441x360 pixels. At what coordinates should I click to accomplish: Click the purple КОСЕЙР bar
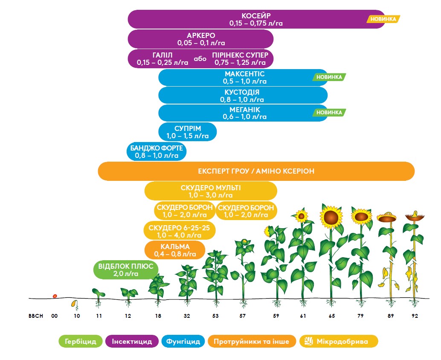pos(256,20)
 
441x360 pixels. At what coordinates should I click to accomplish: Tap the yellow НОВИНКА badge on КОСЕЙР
pos(383,19)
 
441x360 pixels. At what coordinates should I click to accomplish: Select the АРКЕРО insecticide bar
pos(200,39)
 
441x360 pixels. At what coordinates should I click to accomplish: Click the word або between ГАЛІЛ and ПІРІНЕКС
pos(200,58)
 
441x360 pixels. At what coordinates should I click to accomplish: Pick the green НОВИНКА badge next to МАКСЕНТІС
pos(329,77)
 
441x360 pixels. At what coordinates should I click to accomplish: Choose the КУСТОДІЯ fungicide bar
pos(242,96)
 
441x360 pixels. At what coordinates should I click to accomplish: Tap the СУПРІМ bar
pos(187,132)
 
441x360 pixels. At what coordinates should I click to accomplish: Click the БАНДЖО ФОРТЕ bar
pos(156,152)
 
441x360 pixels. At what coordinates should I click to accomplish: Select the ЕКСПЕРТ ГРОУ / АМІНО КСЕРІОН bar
pos(256,171)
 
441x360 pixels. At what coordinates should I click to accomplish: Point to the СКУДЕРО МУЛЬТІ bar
pos(211,191)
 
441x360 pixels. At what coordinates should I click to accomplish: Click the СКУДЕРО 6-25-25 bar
pos(180,231)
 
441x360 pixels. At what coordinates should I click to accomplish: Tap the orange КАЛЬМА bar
pos(175,250)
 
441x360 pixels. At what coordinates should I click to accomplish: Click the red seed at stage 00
pos(55,296)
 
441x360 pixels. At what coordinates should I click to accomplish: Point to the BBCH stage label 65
pos(331,316)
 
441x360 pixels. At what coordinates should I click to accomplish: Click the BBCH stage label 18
pos(158,316)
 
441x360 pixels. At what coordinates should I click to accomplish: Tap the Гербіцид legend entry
pos(81,341)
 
